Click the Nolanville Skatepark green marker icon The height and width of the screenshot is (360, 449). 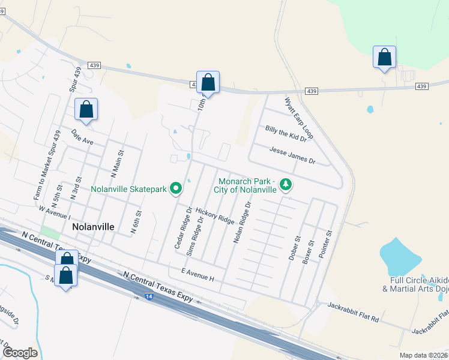(x=176, y=189)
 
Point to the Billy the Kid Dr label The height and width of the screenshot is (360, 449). (x=286, y=133)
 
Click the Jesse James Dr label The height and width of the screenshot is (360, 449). (x=292, y=155)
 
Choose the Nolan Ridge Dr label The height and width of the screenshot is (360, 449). (x=243, y=222)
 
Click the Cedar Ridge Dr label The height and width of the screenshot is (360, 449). (x=182, y=228)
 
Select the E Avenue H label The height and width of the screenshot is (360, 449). (x=192, y=278)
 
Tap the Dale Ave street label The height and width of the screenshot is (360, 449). (x=82, y=137)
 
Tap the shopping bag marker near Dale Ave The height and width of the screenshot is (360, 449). (x=86, y=109)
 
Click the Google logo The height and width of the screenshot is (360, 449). (x=20, y=353)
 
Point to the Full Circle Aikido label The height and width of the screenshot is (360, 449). (x=419, y=284)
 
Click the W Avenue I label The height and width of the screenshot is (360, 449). (x=53, y=212)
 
